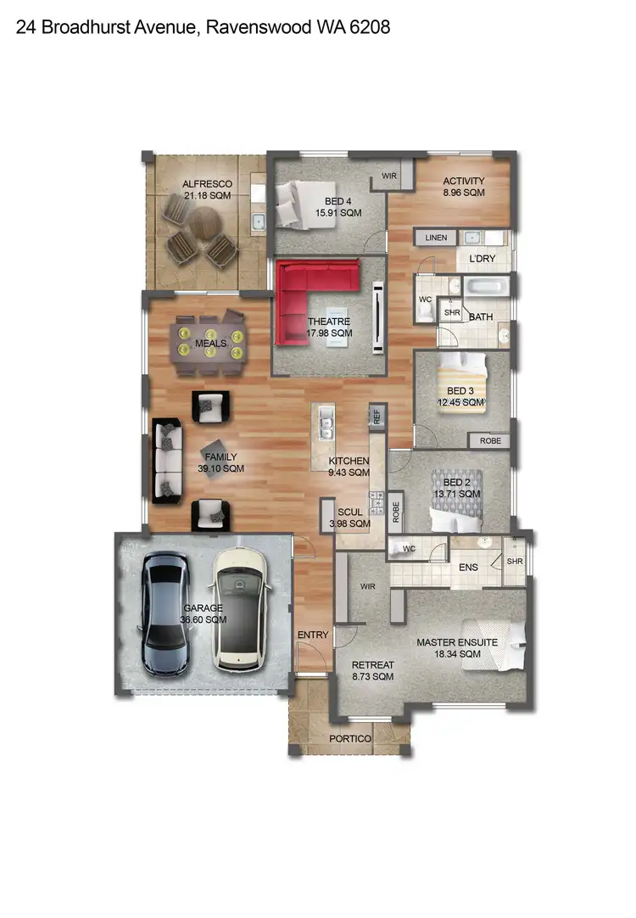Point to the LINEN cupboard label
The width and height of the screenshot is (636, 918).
pyautogui.click(x=436, y=238)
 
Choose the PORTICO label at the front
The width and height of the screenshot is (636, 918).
pyautogui.click(x=350, y=739)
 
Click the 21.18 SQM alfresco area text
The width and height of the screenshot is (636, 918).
pyautogui.click(x=207, y=196)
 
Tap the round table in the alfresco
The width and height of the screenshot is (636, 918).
pyautogui.click(x=204, y=225)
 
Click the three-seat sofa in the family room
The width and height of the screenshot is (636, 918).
pyautogui.click(x=167, y=459)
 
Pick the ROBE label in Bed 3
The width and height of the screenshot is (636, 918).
pyautogui.click(x=490, y=441)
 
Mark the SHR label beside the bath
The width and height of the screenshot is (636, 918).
pyautogui.click(x=452, y=312)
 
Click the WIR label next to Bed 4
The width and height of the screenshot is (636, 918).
pyautogui.click(x=390, y=176)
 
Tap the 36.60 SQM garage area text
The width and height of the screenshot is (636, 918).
pyautogui.click(x=204, y=620)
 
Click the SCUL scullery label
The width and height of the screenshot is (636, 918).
pyautogui.click(x=349, y=512)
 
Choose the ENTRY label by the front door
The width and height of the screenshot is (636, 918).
pyautogui.click(x=313, y=635)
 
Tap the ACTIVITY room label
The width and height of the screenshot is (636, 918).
pyautogui.click(x=464, y=181)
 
